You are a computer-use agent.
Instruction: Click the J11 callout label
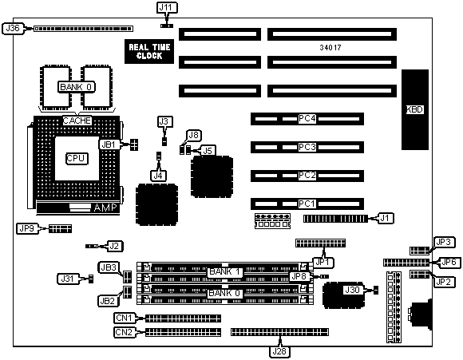point(167,8)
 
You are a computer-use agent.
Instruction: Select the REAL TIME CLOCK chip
point(149,51)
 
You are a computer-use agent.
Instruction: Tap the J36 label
point(13,29)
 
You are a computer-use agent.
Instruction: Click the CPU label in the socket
point(77,159)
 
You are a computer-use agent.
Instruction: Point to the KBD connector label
point(415,109)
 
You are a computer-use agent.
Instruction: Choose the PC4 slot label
point(307,119)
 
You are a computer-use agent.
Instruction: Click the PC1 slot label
point(307,204)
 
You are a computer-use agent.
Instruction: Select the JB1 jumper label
point(109,144)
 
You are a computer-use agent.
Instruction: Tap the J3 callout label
point(164,121)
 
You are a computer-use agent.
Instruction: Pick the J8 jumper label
point(194,135)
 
